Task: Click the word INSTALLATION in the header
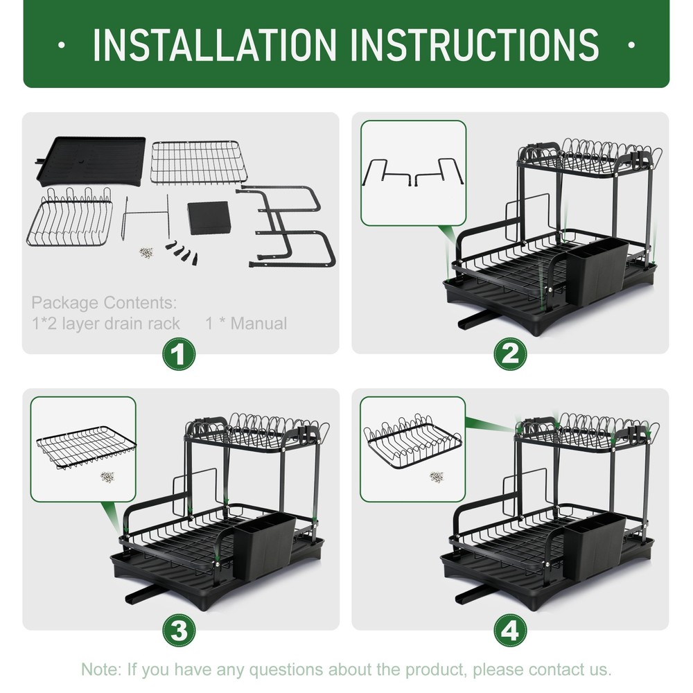click(214, 44)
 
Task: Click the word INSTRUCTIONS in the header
click(475, 44)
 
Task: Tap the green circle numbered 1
click(179, 354)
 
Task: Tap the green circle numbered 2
click(510, 354)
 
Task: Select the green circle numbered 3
click(179, 631)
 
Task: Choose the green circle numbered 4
click(510, 631)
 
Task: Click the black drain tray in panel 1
click(91, 161)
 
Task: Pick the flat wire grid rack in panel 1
click(197, 161)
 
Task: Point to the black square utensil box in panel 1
click(208, 218)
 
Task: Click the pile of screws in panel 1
click(146, 253)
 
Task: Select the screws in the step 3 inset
click(107, 477)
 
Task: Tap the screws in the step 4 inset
click(437, 477)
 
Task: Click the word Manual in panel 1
click(258, 324)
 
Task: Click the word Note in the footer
click(100, 669)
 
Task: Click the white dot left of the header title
click(62, 44)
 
